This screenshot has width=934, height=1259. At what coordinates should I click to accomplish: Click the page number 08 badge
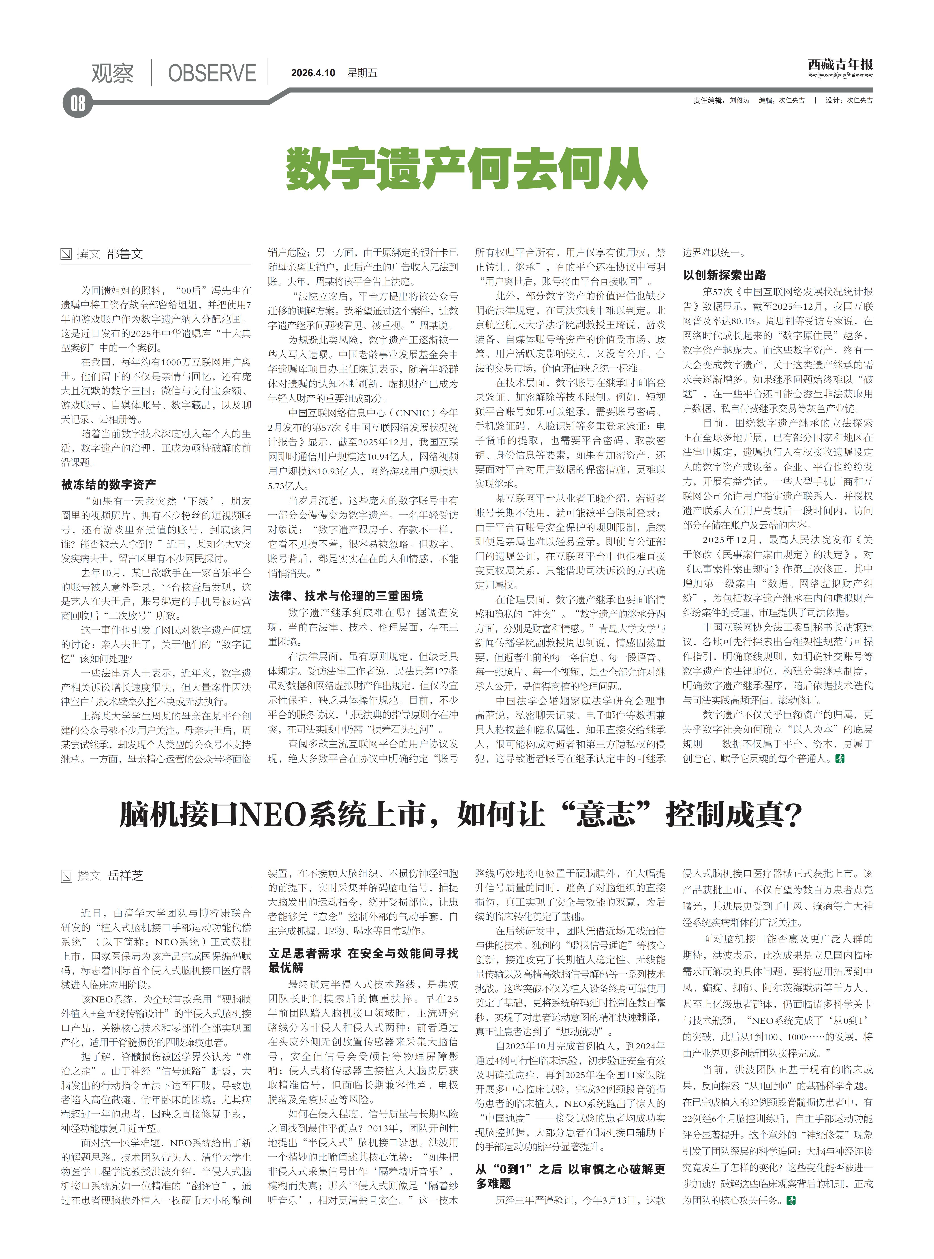[77, 103]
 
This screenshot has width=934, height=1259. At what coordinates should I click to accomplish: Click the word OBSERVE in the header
[212, 73]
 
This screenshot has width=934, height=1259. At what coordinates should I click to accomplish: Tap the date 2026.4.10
[313, 73]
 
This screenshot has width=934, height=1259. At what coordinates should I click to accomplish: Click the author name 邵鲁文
[125, 254]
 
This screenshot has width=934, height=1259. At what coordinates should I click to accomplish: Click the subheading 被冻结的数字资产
[109, 484]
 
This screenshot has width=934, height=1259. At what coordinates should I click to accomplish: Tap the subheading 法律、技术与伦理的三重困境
[345, 596]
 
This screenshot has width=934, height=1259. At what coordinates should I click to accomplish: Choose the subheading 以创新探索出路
[724, 275]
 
